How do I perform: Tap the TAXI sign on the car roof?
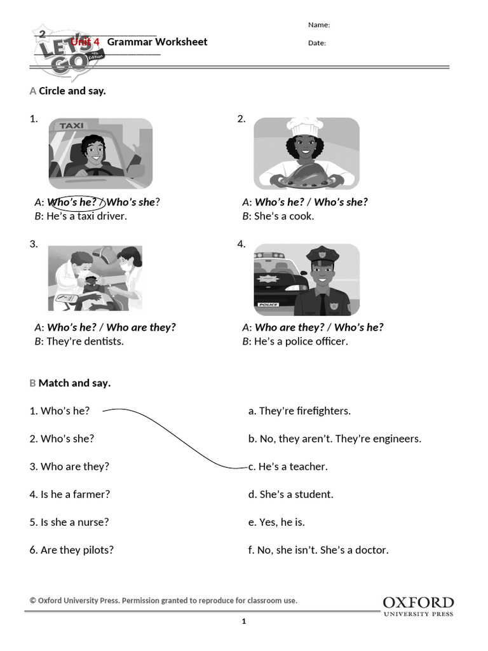[x=71, y=126]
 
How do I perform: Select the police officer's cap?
[x=323, y=256]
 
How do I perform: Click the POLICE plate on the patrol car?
[x=269, y=305]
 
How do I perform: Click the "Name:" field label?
[x=319, y=25]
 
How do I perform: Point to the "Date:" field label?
[x=317, y=43]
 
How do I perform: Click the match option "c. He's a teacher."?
[x=288, y=467]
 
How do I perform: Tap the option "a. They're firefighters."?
[x=299, y=411]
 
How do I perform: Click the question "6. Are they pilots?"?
[x=72, y=550]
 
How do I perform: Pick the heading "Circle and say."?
[x=72, y=91]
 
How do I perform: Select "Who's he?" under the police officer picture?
[x=358, y=327]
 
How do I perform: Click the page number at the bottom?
[x=244, y=622]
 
